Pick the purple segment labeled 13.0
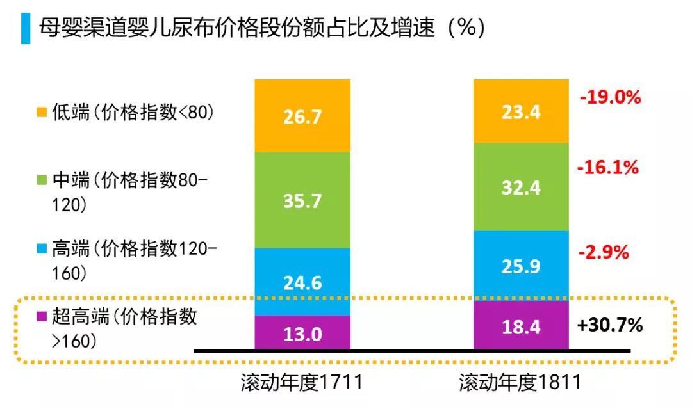302,333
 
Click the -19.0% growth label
609,97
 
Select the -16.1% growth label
608,168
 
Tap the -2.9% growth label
604,252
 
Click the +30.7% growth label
609,325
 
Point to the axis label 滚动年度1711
302,383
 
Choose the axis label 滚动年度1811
520,383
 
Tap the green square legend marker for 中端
42,181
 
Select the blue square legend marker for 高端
42,250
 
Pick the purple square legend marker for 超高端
42,316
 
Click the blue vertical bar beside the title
25,28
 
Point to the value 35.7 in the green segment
302,200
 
